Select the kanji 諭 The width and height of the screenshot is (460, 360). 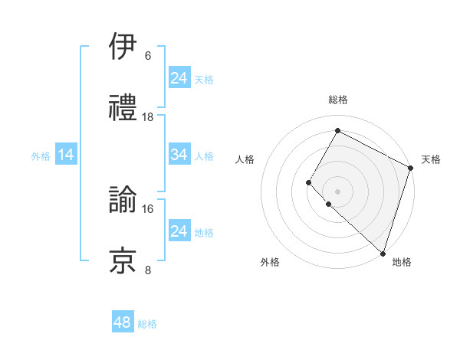click(123, 199)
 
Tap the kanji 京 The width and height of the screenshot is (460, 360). click(123, 260)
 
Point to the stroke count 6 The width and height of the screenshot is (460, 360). click(148, 56)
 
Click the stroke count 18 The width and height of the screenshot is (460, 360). click(148, 117)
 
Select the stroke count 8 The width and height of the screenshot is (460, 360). click(148, 270)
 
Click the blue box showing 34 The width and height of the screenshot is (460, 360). click(179, 155)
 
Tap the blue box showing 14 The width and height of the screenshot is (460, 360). click(66, 155)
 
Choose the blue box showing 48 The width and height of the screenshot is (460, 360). click(123, 322)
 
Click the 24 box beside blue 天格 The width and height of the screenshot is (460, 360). click(179, 78)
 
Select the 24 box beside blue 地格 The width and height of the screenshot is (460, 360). click(179, 231)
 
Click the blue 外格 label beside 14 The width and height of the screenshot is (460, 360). click(41, 156)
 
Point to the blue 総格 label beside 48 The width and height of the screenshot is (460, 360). click(147, 324)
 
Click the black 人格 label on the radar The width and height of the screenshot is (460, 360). click(245, 159)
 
